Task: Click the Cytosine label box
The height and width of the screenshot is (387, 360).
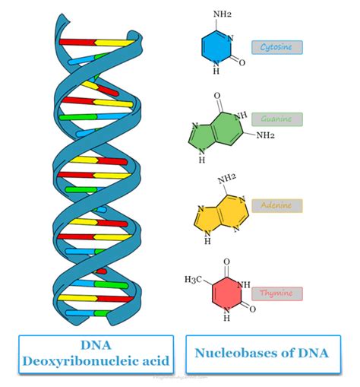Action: click(x=276, y=47)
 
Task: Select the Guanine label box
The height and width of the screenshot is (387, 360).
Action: click(x=276, y=119)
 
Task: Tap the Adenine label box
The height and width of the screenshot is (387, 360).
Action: click(x=276, y=205)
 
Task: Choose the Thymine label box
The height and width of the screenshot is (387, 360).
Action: click(x=276, y=293)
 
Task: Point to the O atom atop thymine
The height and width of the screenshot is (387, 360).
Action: click(x=226, y=263)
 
